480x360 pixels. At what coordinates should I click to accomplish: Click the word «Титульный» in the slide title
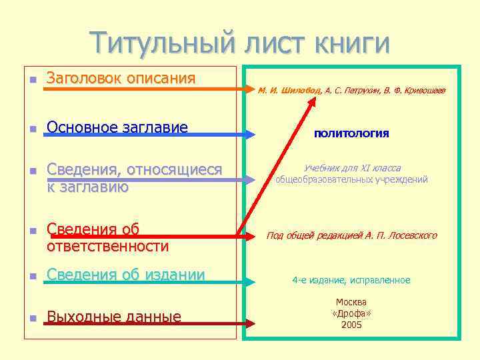163,43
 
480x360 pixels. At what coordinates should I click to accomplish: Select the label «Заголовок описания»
121,79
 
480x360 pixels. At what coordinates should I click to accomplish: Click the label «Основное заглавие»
117,127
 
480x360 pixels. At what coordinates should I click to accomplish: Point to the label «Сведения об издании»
125,274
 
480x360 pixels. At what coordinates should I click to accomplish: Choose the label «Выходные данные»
114,316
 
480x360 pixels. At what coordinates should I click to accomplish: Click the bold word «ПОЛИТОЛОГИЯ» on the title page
351,134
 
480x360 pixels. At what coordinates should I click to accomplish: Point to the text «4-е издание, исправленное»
351,281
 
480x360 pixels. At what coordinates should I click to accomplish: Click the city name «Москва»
351,302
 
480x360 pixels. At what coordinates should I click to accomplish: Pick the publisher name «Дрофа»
351,313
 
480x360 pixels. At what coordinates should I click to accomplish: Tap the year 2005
351,325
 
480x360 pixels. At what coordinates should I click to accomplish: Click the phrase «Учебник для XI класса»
352,169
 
